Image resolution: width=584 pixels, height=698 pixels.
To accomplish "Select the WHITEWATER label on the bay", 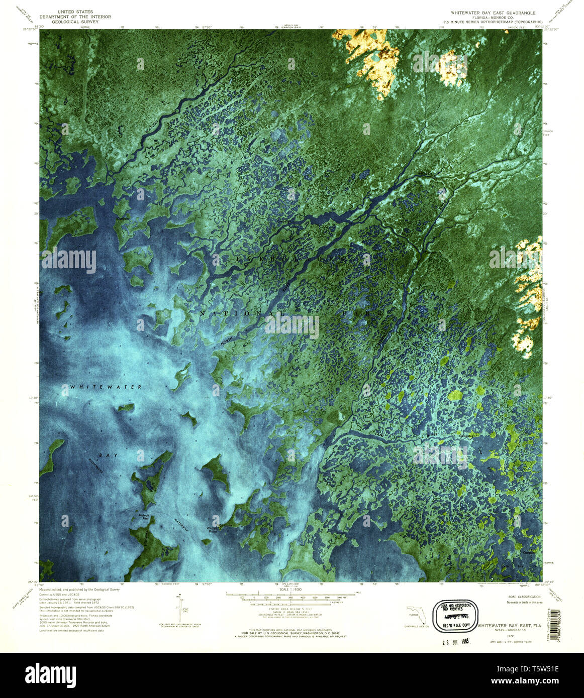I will point(106,387).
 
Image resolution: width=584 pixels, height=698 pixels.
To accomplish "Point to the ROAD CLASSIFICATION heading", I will point(526,597).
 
